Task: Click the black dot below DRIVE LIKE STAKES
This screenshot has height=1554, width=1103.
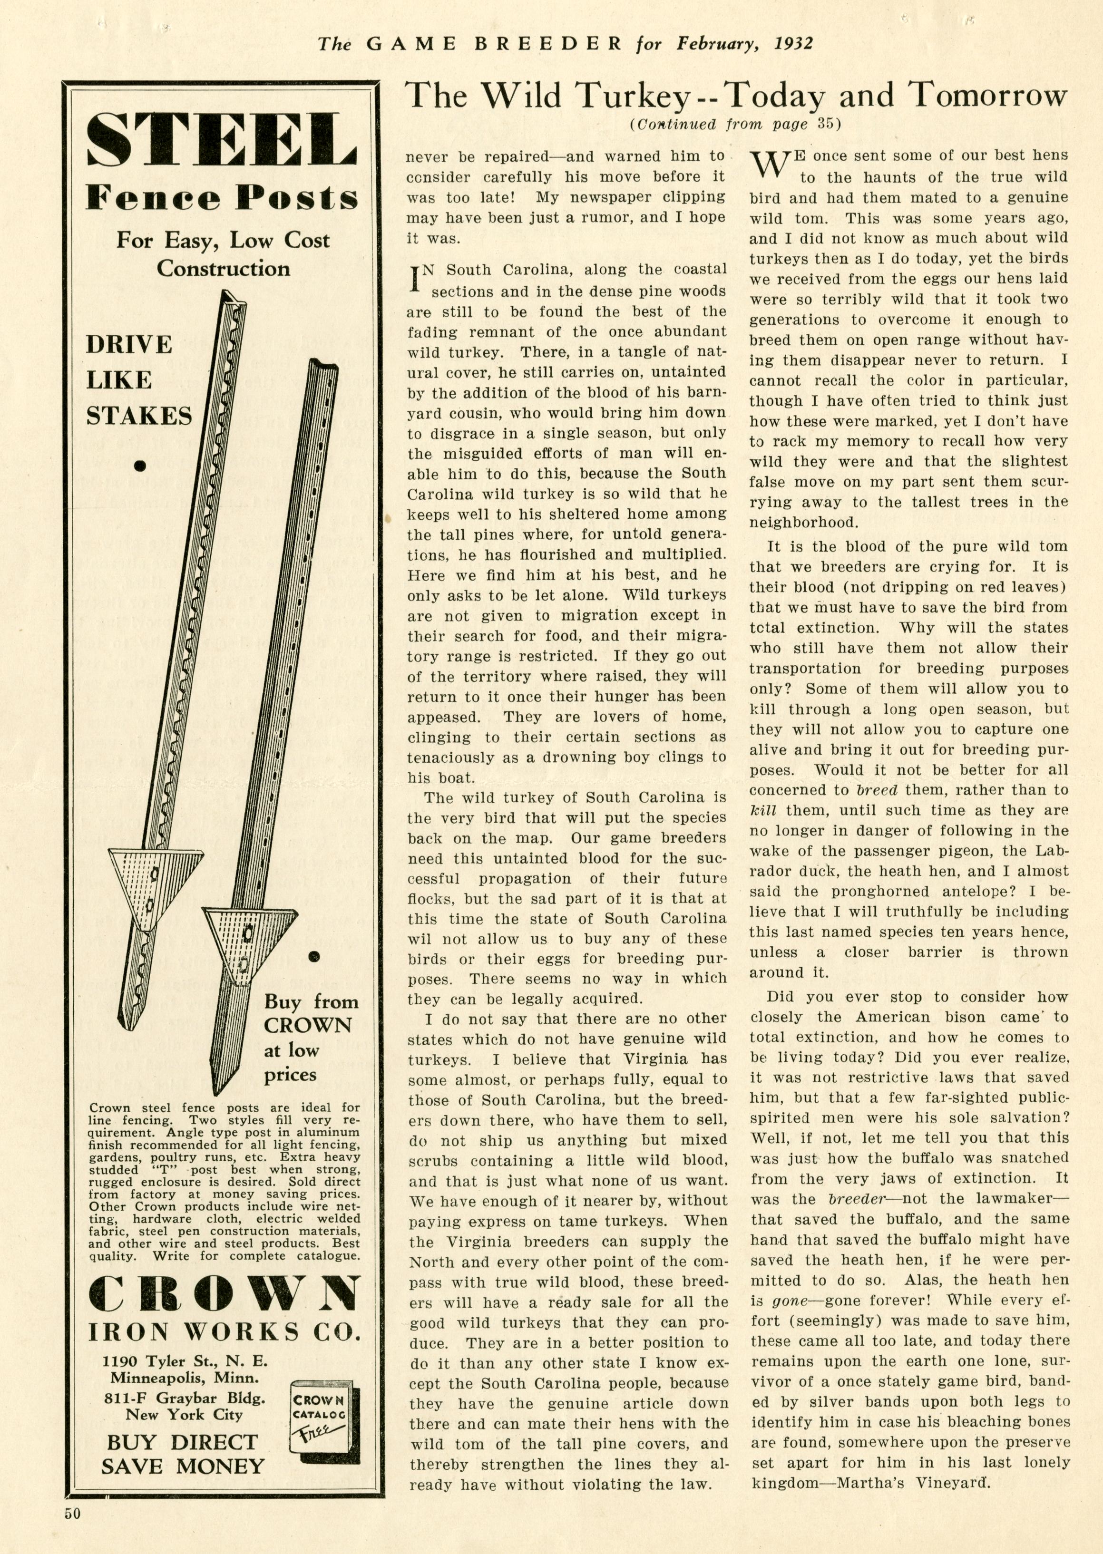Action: pyautogui.click(x=141, y=465)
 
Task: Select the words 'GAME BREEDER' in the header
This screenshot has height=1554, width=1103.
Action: pyautogui.click(x=494, y=44)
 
